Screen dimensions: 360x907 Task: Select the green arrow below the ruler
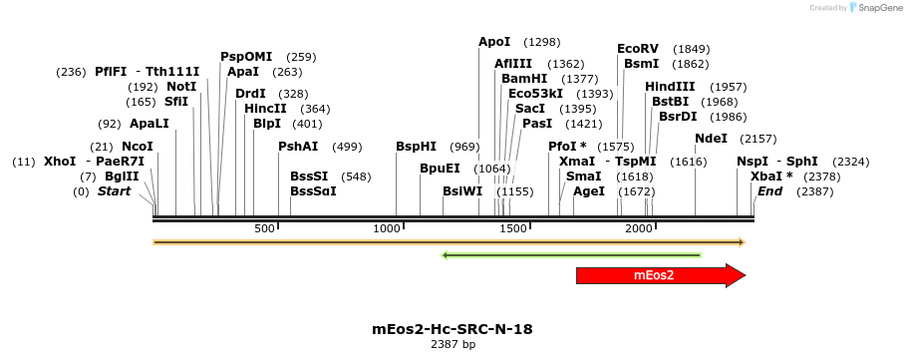[x=570, y=255]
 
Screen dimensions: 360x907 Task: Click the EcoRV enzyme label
[x=638, y=49]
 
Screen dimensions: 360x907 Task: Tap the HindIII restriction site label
[x=670, y=87]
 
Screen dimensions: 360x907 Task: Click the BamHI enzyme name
[x=524, y=79]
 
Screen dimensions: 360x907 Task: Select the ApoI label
[x=494, y=42]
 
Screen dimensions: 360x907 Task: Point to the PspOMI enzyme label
[x=246, y=57]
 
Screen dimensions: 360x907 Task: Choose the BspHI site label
[x=416, y=147]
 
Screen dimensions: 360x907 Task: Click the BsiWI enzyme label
[x=462, y=190]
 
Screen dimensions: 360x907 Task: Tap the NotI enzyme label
[x=181, y=87]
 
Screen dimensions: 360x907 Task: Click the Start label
[x=114, y=190]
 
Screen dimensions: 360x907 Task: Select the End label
[x=770, y=190]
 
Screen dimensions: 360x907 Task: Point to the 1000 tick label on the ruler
[x=387, y=228]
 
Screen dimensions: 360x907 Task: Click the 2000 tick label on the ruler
[x=638, y=228]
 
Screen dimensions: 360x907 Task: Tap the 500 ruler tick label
[x=264, y=228]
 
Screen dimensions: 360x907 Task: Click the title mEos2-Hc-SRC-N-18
[x=453, y=329]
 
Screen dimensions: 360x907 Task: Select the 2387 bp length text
[x=453, y=345]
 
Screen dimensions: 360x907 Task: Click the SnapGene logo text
[x=879, y=8]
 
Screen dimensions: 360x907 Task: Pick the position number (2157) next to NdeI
[x=758, y=139]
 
